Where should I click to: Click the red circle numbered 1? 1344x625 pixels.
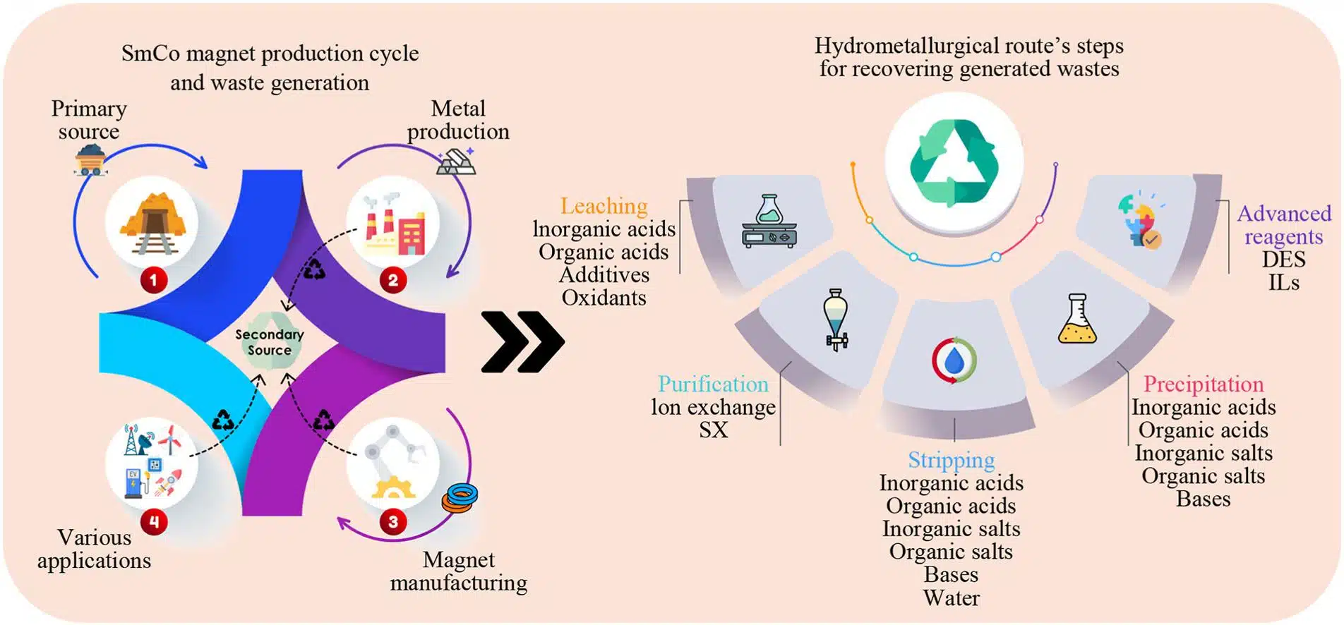(x=153, y=280)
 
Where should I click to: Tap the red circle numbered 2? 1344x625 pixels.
(x=393, y=280)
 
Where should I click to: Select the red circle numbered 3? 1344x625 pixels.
(x=393, y=522)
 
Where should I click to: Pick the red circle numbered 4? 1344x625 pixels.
(x=153, y=522)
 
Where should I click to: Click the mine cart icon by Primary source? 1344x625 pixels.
(x=91, y=159)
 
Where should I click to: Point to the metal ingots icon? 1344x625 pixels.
(x=456, y=162)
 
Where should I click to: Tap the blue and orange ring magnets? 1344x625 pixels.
(x=460, y=497)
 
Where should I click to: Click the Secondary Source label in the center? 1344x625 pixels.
(x=269, y=342)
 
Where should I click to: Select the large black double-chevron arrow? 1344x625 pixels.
(x=522, y=341)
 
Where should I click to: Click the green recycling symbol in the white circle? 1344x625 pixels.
(x=954, y=162)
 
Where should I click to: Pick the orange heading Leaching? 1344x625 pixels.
(x=604, y=206)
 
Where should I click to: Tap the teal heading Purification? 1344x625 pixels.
(x=713, y=384)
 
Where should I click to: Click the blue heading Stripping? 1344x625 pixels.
(x=951, y=460)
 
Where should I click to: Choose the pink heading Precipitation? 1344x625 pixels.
(x=1203, y=384)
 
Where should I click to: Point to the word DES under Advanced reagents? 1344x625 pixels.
(x=1283, y=259)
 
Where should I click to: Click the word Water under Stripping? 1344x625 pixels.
(x=951, y=598)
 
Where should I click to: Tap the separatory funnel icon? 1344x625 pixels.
(x=836, y=320)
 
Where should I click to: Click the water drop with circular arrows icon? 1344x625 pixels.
(x=954, y=360)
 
